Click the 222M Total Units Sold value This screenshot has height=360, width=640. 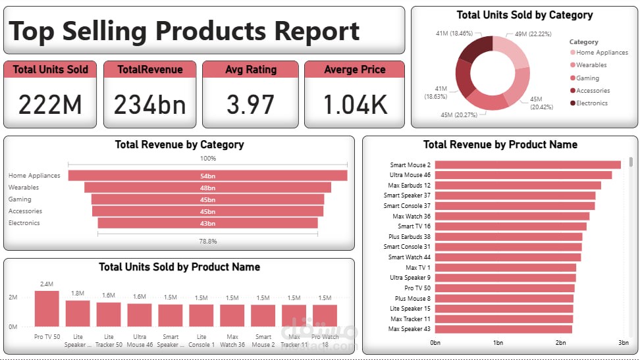[x=50, y=104]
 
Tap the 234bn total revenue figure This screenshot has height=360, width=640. [x=150, y=104]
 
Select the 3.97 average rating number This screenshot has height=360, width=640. [x=250, y=104]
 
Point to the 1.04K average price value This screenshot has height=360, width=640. [x=355, y=104]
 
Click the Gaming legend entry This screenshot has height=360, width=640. [x=587, y=78]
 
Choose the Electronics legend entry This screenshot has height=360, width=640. [x=591, y=103]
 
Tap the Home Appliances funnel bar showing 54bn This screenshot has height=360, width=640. [x=207, y=176]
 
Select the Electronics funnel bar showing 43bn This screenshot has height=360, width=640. [x=207, y=223]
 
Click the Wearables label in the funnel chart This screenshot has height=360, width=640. [x=24, y=188]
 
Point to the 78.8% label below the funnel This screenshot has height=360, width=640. [x=207, y=242]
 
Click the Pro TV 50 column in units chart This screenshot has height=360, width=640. [x=47, y=308]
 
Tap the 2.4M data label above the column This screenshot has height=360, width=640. [x=47, y=284]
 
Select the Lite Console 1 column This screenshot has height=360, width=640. [x=201, y=315]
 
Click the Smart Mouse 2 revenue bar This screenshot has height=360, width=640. [x=527, y=165]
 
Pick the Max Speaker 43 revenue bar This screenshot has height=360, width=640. [x=503, y=329]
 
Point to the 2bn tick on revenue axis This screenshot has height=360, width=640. [x=560, y=343]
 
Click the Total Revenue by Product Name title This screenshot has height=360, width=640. [x=500, y=145]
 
